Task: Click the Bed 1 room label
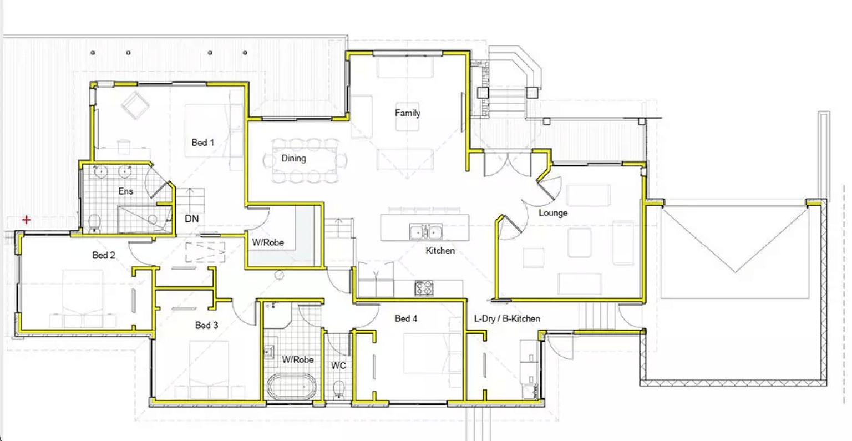pos(203,143)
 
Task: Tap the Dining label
pos(293,158)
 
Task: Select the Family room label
pos(408,113)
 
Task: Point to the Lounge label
pos(553,213)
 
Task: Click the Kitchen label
pos(440,251)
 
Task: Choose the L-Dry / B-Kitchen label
pos(507,318)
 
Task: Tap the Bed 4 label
pos(406,318)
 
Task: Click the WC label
pos(338,366)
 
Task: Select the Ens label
pos(126,191)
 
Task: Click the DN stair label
pos(192,219)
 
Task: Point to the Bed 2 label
pos(104,255)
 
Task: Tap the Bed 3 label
pos(206,325)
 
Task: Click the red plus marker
pos(26,220)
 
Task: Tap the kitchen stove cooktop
pos(424,288)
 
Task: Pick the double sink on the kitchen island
pos(426,231)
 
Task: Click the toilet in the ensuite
pos(94,223)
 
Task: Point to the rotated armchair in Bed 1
pos(135,105)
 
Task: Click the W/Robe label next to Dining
pos(268,242)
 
